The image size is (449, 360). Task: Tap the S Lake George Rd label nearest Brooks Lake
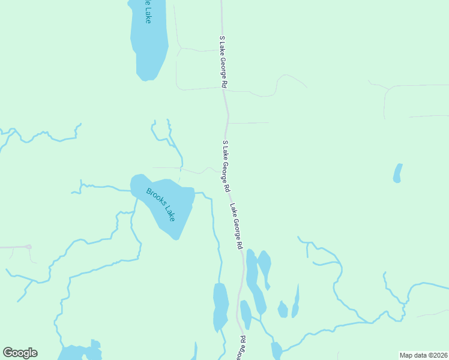tap(226, 166)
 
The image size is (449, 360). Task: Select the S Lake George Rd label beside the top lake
tap(222, 62)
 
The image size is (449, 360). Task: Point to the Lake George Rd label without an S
tap(236, 226)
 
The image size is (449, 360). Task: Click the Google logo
tap(20, 353)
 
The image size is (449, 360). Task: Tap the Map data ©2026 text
tap(423, 355)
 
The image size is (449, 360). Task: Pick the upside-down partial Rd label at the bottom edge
tap(241, 348)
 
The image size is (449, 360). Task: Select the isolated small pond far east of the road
tap(397, 173)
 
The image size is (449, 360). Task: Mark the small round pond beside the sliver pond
tap(283, 310)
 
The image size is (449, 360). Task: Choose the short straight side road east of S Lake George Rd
tap(248, 123)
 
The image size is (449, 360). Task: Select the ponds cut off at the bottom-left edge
tap(78, 352)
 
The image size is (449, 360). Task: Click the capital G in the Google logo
tap(8, 353)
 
